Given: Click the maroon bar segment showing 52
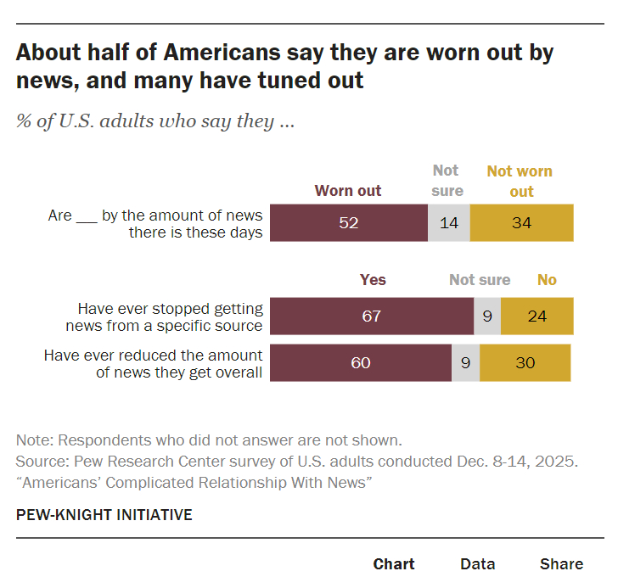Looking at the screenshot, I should [x=349, y=223].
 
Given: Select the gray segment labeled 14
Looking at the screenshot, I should [x=448, y=223].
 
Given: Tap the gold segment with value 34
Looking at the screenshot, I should [x=521, y=223].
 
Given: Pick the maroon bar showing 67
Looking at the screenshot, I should [x=372, y=316].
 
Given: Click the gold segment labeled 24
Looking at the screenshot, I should [x=537, y=316].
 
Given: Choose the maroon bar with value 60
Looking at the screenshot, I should [x=361, y=362].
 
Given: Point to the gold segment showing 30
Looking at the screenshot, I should [x=525, y=362].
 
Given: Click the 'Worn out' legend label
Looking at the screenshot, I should [x=348, y=191].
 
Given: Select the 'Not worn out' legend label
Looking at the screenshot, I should [x=520, y=181].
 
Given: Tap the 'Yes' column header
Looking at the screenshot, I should [x=373, y=280].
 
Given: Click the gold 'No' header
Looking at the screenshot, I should [x=547, y=280].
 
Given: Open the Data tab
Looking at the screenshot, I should [x=477, y=563].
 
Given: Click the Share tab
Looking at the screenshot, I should [x=561, y=563].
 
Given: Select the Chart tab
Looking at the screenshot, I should [x=394, y=563].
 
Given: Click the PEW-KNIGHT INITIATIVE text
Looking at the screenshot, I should [x=104, y=515].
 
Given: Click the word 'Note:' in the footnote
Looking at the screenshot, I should [x=33, y=440].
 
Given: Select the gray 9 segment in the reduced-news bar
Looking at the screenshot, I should [x=465, y=362].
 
